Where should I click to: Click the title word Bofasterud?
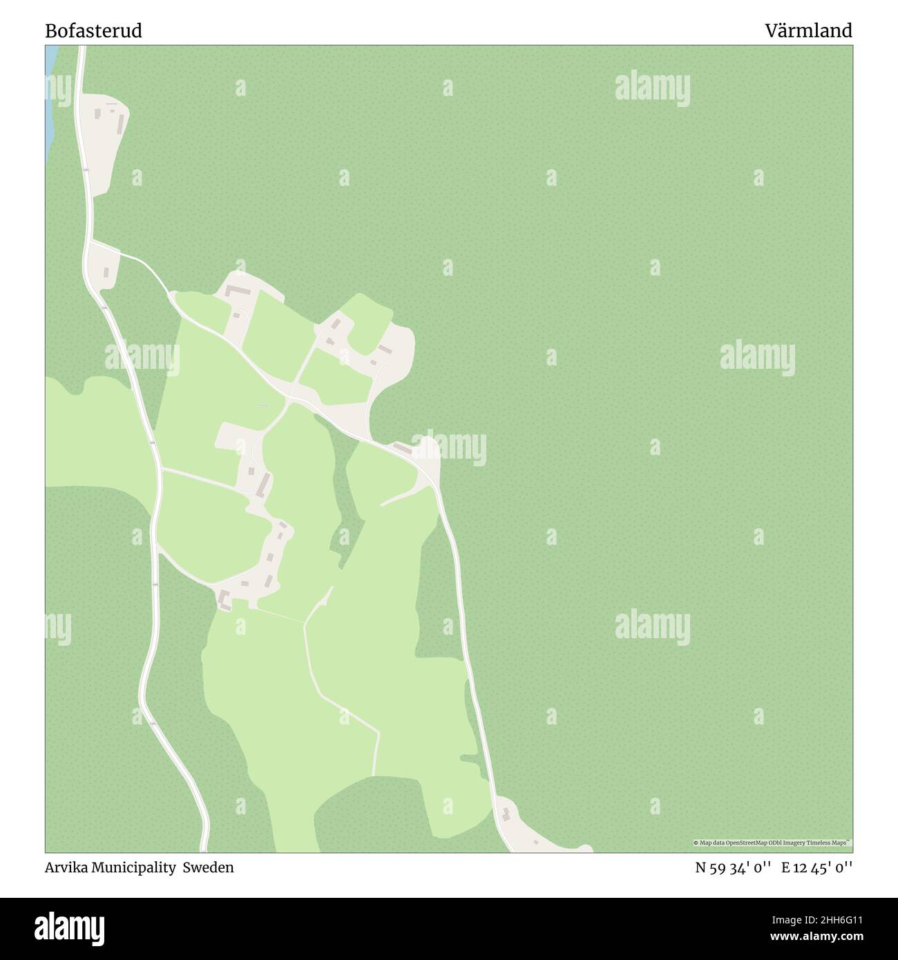94,31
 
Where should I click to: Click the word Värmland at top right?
808,31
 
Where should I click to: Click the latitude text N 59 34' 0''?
734,867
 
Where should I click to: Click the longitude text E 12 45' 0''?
817,867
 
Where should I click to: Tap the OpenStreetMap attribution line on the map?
772,843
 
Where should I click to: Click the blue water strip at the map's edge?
50,104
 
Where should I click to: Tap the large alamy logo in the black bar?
71,927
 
